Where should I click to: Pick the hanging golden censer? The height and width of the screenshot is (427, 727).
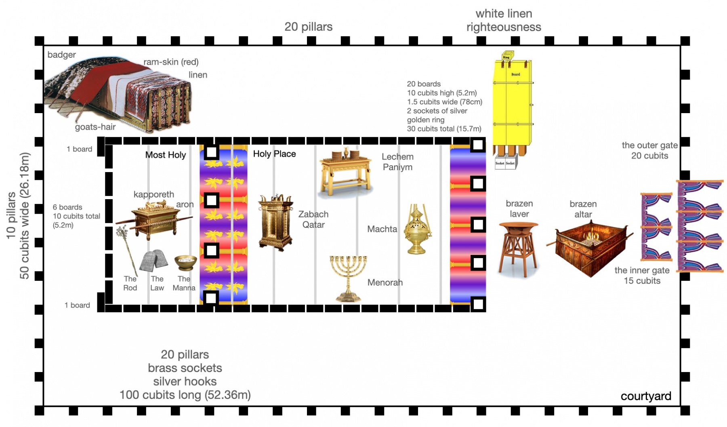[x=418, y=230]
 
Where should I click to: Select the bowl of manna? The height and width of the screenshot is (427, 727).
[x=185, y=262]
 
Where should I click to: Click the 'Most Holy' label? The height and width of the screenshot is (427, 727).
[x=166, y=155]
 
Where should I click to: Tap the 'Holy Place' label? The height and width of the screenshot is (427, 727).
[x=274, y=154]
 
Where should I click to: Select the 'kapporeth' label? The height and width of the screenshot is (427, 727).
[x=153, y=194]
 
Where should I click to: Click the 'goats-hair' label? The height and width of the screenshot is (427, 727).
[x=95, y=127]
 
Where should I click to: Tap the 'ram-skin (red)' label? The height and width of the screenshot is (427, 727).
[x=171, y=62]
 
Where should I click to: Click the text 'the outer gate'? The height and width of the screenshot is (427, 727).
[x=649, y=145]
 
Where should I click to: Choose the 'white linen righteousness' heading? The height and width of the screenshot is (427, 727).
[x=504, y=20]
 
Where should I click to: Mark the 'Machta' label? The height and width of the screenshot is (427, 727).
[x=382, y=229]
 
